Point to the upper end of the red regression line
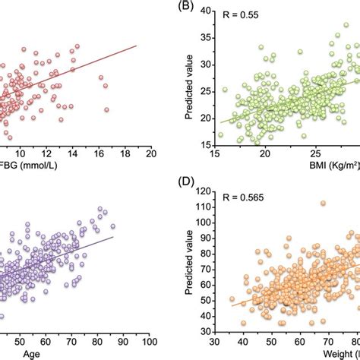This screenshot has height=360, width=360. coord(136,46)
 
